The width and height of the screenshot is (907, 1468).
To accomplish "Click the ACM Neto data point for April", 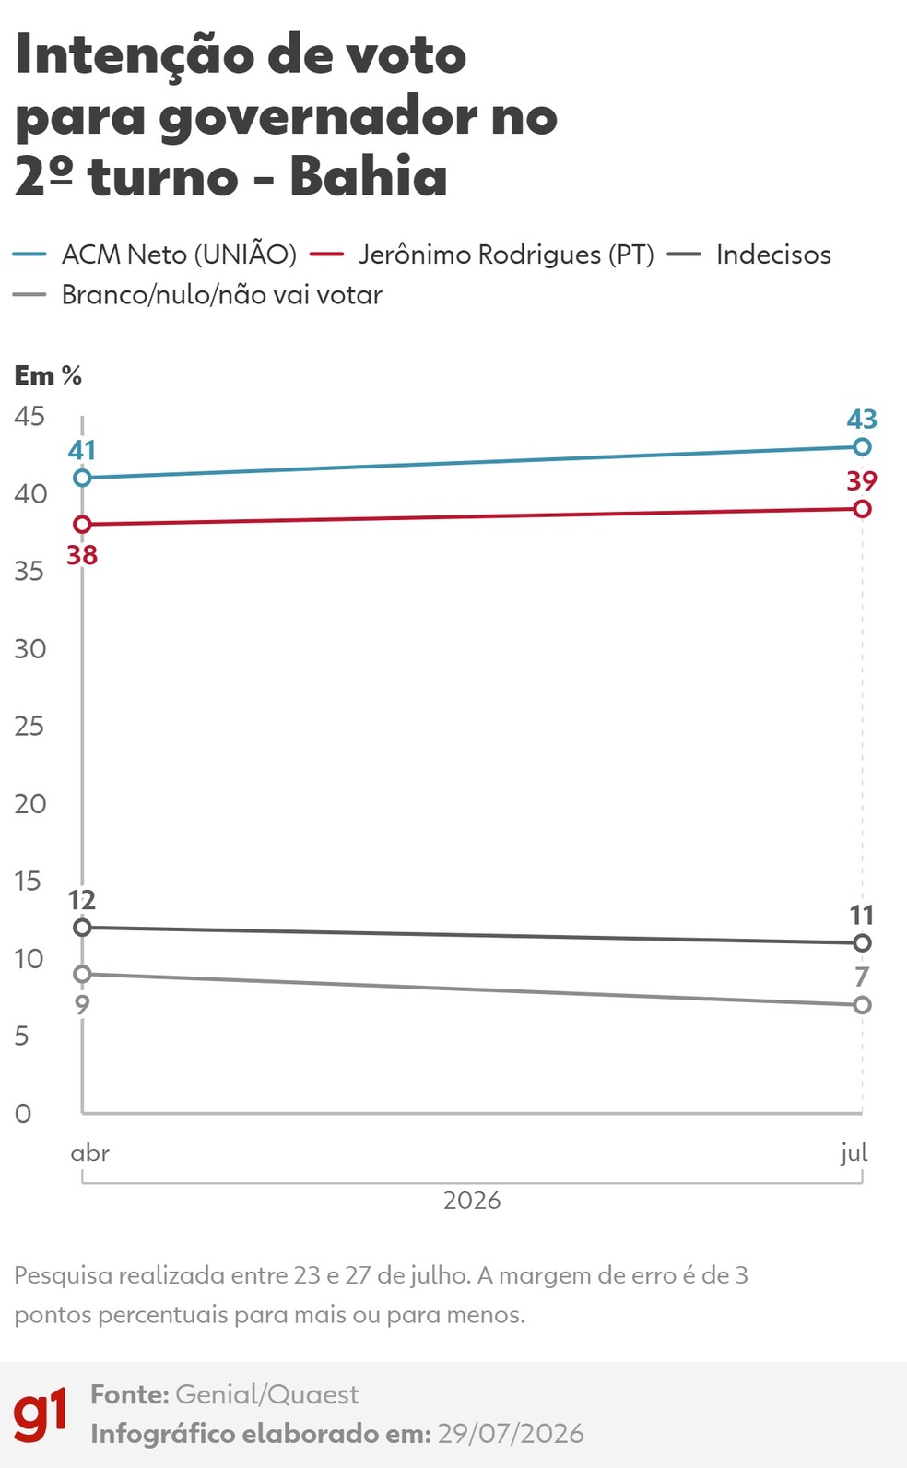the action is pos(83,478).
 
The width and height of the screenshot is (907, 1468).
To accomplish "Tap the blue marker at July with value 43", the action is pos(863,447).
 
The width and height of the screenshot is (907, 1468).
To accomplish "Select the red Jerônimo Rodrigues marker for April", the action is pos(83,525).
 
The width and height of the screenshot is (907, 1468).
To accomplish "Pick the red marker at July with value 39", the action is pos(863,509).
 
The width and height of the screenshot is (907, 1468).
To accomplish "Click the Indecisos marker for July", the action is pos(863,943).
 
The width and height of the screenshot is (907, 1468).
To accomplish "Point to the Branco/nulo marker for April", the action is pos(83,974).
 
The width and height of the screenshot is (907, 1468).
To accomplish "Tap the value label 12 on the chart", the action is pos(82,900).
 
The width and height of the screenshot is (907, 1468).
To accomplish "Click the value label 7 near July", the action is pos(862,977).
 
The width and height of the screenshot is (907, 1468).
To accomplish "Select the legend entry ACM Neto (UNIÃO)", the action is pos(155,255).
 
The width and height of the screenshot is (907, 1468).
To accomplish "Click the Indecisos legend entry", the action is pos(749,255).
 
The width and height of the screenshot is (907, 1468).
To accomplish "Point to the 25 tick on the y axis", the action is pos(29,726).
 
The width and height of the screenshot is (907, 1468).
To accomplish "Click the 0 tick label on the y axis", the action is pos(23,1114).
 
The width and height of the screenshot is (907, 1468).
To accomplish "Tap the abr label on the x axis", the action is pos(89,1153).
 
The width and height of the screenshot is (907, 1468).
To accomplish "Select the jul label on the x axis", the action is pos(854,1153).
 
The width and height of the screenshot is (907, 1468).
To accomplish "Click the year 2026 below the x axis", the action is pos(472,1201).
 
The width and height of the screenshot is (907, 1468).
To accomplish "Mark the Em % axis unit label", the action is pos(49,375).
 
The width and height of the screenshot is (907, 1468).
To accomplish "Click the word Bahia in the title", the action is pos(369,175).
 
